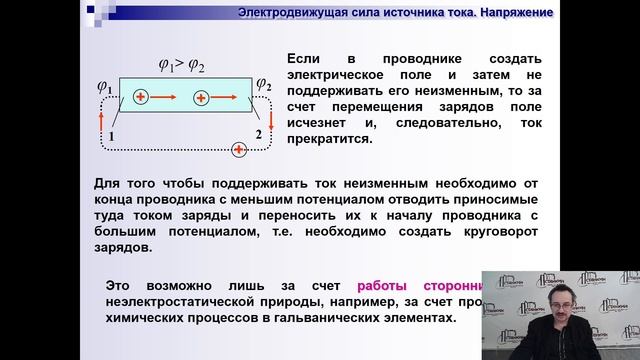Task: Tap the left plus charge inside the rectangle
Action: click(x=142, y=97)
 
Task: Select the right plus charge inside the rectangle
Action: click(x=202, y=97)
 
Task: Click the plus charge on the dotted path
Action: click(x=238, y=150)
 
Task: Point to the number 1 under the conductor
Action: click(x=113, y=135)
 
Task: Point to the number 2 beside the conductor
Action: click(x=258, y=133)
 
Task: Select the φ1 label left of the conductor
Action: click(x=105, y=88)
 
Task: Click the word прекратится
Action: click(x=326, y=139)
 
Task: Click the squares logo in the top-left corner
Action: click(x=97, y=14)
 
